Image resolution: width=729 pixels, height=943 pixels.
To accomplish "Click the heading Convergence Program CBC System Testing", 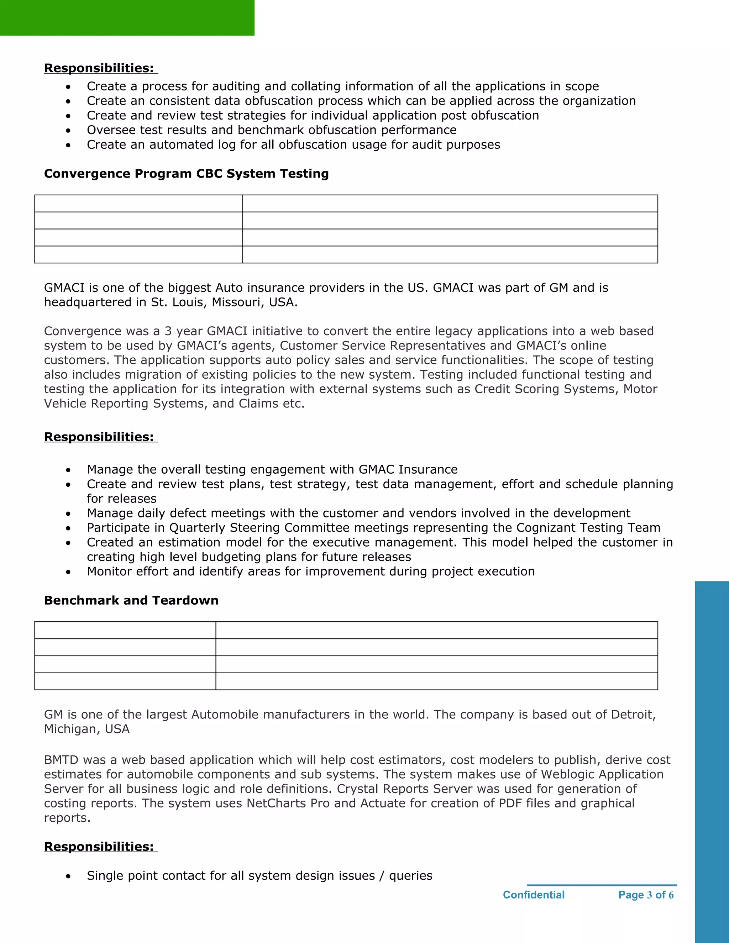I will tap(186, 174).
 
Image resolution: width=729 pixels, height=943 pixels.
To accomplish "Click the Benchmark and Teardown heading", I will tap(131, 600).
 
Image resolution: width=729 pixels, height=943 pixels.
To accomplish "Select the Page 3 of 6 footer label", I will tap(646, 895).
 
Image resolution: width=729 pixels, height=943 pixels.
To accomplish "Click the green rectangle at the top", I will tap(127, 18).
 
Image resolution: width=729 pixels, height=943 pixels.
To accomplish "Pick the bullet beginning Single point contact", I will tap(259, 876).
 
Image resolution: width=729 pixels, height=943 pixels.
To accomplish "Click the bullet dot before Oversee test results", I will tap(68, 130).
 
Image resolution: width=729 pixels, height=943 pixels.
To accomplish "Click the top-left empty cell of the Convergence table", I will tap(138, 203).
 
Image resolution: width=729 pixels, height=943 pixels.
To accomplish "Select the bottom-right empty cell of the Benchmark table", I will tap(436, 681).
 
